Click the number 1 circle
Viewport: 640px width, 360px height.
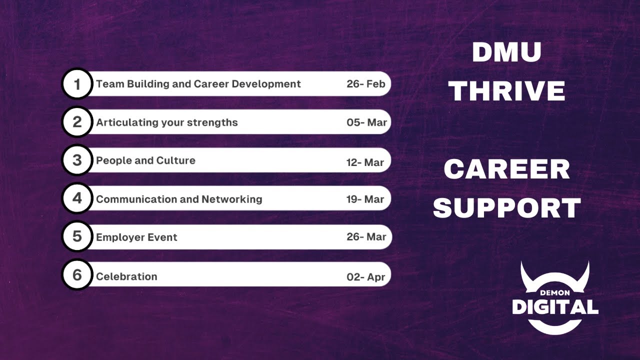[x=77, y=84]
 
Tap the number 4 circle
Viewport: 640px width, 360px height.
[x=77, y=198]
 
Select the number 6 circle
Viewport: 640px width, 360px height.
[x=77, y=275]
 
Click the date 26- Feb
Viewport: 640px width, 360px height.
[x=366, y=84]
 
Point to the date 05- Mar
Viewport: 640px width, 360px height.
[x=366, y=122]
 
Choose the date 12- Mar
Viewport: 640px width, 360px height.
[x=365, y=162]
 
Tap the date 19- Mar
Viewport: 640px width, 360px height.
[x=365, y=199]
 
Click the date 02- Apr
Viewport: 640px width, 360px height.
[x=366, y=277]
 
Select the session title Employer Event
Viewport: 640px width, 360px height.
[x=136, y=237]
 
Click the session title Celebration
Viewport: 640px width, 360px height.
[x=126, y=276]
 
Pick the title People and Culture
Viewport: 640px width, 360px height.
[x=145, y=160]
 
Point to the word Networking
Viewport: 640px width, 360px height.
[x=231, y=199]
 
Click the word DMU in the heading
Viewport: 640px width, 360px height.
[x=506, y=52]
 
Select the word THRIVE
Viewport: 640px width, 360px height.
[x=506, y=91]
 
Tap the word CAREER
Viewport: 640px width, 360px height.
[x=506, y=169]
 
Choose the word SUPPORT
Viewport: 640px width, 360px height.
[x=506, y=208]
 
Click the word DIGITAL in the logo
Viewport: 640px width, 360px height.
[x=555, y=306]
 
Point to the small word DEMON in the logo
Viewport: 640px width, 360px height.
[x=554, y=292]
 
